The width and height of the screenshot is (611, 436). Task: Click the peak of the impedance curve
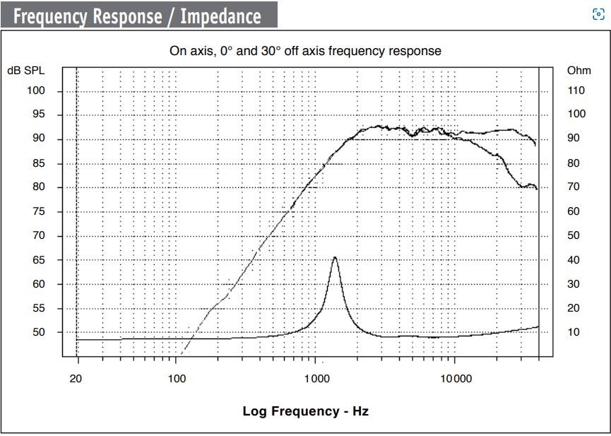334,257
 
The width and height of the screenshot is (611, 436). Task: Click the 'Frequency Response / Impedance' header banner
138,16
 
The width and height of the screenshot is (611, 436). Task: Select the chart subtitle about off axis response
305,51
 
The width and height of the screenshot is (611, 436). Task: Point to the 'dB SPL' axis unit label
26,71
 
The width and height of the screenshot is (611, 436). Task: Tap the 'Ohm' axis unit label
579,71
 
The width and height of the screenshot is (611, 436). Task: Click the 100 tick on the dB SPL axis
36,90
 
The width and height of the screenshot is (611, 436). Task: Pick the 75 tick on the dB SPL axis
38,211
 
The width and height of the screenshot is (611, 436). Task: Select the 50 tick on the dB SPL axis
38,332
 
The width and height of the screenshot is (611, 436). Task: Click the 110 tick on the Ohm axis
576,90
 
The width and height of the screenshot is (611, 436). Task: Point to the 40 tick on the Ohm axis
574,260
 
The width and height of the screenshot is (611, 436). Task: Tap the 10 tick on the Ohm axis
574,332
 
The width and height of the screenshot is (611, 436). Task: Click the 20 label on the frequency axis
76,378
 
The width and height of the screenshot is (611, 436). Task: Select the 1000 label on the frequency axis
316,378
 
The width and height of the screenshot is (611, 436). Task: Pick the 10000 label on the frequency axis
456,378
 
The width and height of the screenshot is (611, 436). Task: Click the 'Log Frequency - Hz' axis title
305,411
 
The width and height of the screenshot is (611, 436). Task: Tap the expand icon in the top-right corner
598,15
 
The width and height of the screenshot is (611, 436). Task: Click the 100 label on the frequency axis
177,378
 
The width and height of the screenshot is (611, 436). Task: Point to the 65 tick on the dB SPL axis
38,260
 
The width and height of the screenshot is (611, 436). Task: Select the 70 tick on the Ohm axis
574,187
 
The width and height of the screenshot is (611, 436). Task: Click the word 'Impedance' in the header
220,16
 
